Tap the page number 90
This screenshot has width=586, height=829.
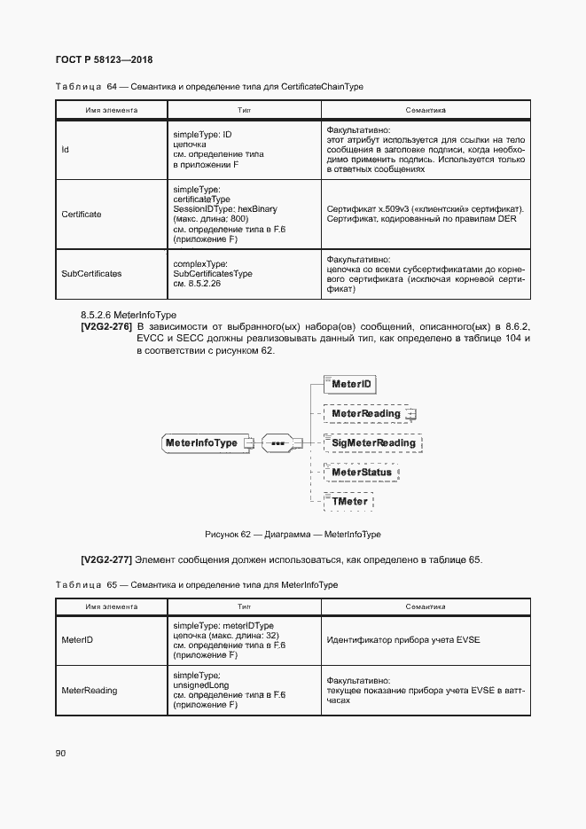click(x=61, y=753)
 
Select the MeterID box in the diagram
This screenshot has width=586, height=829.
click(x=350, y=384)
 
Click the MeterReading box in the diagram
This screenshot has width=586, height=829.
click(x=364, y=413)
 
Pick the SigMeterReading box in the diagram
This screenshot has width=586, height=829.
click(x=372, y=442)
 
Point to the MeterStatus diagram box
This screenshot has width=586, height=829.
click(x=361, y=472)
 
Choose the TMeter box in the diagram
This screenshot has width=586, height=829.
click(x=348, y=501)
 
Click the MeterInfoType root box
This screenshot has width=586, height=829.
click(x=201, y=442)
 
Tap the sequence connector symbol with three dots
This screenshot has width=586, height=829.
click(x=278, y=442)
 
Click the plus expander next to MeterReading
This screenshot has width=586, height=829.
click(x=411, y=414)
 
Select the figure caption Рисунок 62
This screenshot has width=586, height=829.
click(x=293, y=535)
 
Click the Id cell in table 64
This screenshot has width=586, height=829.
click(x=65, y=150)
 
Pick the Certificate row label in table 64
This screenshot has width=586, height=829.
click(x=81, y=215)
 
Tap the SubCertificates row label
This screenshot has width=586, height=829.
click(x=90, y=274)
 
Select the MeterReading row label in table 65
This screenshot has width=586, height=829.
click(x=89, y=690)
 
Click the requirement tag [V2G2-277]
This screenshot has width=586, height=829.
click(x=105, y=559)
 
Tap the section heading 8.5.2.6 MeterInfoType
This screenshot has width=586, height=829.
click(x=129, y=315)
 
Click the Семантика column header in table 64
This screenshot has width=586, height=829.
click(x=426, y=111)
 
